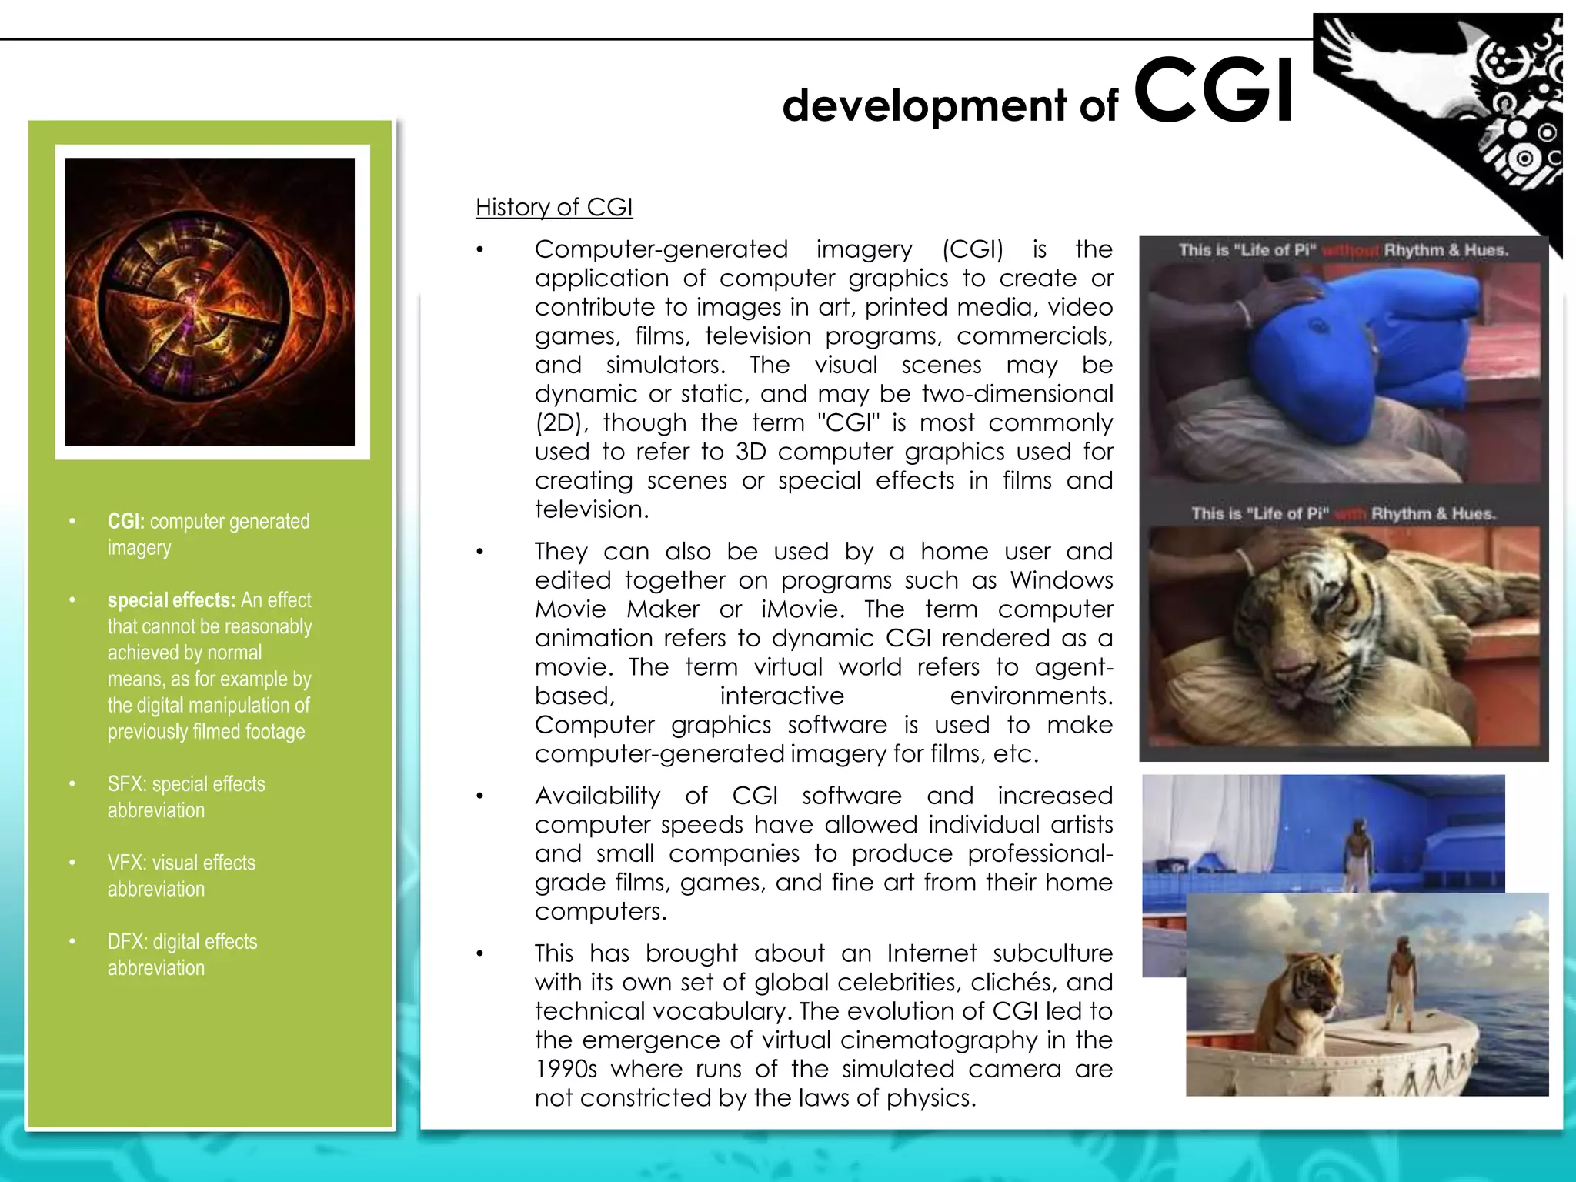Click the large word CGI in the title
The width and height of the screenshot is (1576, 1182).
(x=1214, y=92)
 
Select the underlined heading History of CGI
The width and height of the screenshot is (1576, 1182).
(x=553, y=207)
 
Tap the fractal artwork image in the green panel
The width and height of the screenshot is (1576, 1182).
(x=210, y=302)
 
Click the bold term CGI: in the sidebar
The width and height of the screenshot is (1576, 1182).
(x=125, y=522)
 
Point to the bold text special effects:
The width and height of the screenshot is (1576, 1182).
(x=171, y=600)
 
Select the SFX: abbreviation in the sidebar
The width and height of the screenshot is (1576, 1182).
(x=127, y=784)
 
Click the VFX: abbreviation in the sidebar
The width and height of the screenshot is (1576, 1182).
(x=127, y=863)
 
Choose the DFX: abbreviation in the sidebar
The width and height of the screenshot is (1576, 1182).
(x=128, y=942)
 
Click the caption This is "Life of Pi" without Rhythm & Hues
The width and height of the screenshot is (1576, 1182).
(x=1343, y=250)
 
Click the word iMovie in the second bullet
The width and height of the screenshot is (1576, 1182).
(x=801, y=609)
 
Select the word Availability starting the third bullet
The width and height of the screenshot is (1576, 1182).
(x=597, y=796)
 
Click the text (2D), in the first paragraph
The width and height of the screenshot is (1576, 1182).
(x=561, y=423)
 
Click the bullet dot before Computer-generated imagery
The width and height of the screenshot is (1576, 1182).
(x=479, y=250)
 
